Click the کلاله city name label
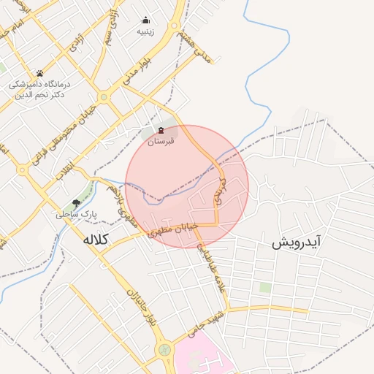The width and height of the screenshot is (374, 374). (x=96, y=239)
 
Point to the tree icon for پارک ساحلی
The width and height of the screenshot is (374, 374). (x=76, y=204)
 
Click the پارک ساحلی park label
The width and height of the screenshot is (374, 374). (x=76, y=215)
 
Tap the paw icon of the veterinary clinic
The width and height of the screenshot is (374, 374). (x=39, y=73)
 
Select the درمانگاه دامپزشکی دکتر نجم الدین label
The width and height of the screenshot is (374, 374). (x=39, y=90)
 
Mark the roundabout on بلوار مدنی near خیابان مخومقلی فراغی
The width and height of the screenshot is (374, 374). (x=104, y=96)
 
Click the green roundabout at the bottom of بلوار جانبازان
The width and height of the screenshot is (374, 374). (x=165, y=351)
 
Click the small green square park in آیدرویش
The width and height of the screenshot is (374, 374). (x=264, y=288)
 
